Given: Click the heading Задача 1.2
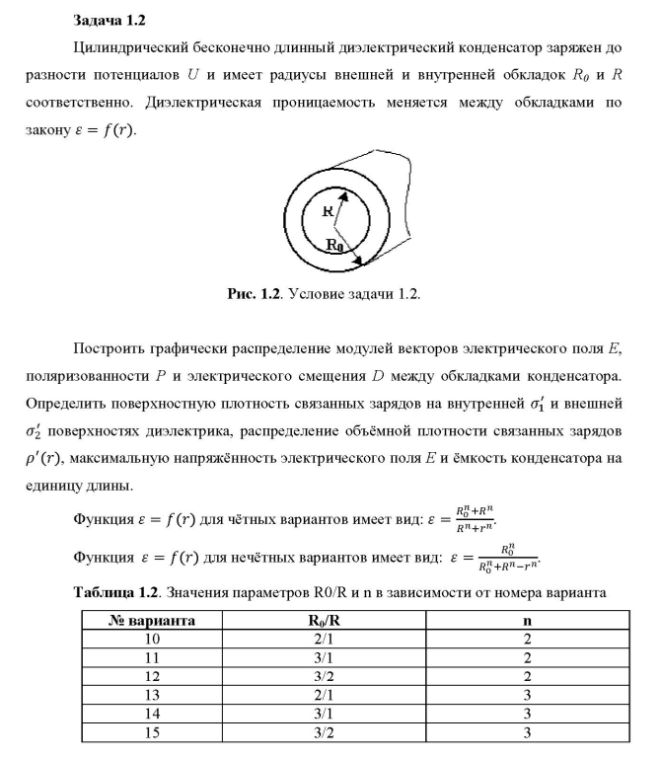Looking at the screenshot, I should pyautogui.click(x=109, y=20).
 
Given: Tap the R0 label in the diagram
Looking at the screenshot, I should pyautogui.click(x=335, y=246).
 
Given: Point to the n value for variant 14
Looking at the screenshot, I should pyautogui.click(x=527, y=713).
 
